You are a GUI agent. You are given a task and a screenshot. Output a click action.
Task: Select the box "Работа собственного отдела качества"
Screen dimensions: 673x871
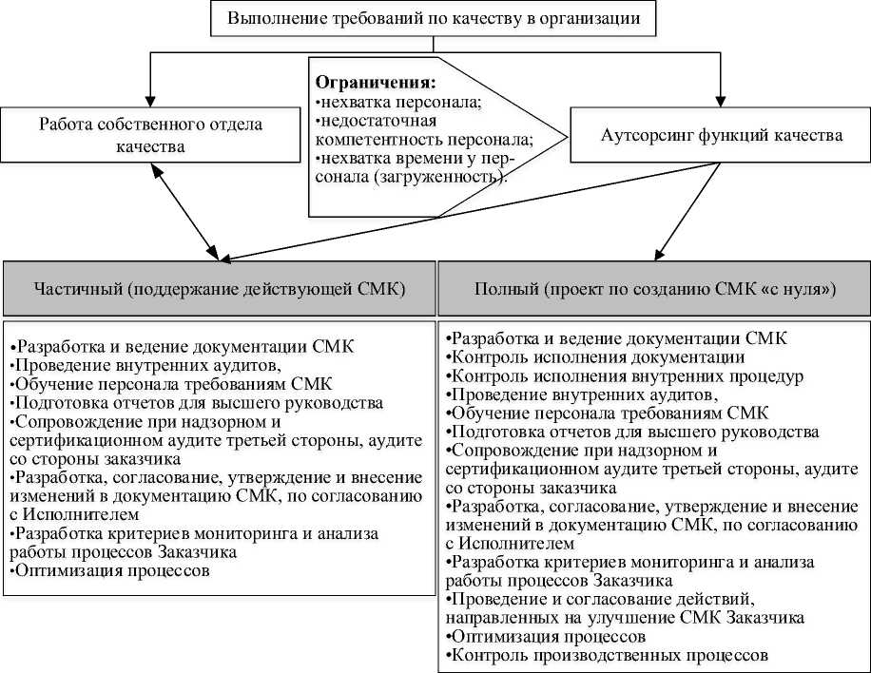tap(151, 135)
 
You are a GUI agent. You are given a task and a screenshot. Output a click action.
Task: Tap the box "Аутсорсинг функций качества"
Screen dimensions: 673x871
tap(721, 135)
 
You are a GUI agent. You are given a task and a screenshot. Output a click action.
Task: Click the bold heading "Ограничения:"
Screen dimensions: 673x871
tap(376, 82)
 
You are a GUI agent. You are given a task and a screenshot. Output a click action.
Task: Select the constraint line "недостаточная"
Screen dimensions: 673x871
tap(377, 120)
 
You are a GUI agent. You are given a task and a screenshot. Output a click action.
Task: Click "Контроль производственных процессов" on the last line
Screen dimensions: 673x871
tap(609, 656)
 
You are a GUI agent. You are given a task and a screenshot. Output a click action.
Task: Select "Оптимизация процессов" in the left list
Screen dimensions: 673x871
tap(109, 571)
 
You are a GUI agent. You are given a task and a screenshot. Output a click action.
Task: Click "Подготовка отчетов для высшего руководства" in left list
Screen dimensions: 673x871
tap(196, 402)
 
